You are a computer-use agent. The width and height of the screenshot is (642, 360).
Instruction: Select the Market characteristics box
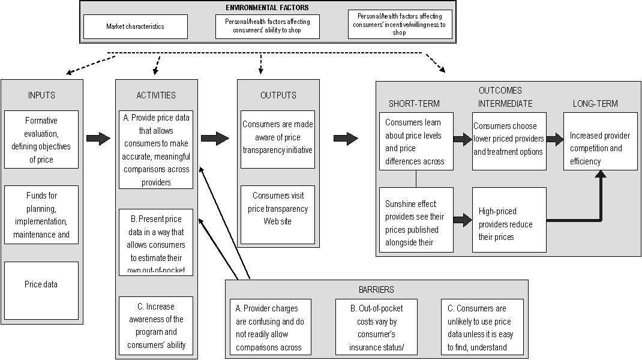135,26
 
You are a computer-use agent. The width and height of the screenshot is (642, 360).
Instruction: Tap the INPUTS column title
41,95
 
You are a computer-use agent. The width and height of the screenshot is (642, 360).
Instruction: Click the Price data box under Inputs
41,284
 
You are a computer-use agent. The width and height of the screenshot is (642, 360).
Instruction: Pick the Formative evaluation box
41,140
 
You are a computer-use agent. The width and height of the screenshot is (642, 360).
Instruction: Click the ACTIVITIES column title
156,95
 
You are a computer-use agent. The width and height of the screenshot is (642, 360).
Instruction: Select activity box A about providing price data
156,150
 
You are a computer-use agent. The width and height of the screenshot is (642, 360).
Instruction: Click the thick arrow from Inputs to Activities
98,139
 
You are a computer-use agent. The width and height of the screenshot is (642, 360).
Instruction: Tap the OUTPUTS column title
278,95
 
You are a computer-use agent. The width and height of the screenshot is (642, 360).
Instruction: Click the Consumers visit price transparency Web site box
278,209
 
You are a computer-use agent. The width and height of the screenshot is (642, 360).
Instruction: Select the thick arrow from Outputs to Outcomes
345,139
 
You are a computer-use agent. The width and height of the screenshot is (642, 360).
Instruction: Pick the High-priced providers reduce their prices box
509,220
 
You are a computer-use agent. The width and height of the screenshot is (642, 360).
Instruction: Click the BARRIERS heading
377,289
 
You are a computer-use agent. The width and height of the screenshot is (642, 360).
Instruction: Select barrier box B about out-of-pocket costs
376,326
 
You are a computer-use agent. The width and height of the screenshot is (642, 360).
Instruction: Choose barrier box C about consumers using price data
482,326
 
